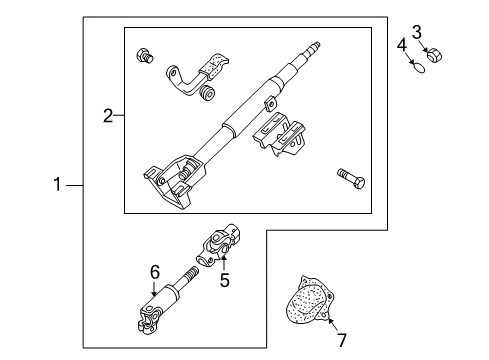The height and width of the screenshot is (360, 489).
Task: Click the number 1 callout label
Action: coord(58,183)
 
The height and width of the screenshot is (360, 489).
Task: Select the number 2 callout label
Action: coord(108,117)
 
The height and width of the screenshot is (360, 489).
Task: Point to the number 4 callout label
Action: coord(401,45)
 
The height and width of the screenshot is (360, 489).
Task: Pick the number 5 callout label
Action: coord(224,281)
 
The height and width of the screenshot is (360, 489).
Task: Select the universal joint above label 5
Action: coord(219,244)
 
